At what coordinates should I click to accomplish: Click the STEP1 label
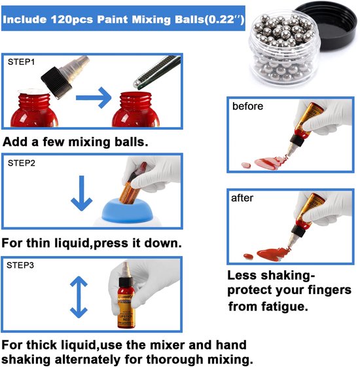(21, 62)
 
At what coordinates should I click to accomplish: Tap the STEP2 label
(22, 163)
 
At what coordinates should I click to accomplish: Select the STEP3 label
(20, 265)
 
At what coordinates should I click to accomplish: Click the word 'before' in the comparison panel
(247, 106)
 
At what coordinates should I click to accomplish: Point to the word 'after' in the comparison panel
(242, 198)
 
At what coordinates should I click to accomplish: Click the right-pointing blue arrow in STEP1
(94, 98)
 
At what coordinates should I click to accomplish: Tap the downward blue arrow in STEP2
(82, 193)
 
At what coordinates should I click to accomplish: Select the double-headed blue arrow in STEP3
(79, 297)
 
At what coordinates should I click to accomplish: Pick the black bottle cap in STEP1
(57, 83)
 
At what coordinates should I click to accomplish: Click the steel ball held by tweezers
(137, 84)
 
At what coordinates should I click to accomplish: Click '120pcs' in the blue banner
(72, 19)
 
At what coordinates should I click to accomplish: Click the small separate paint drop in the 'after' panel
(248, 256)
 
